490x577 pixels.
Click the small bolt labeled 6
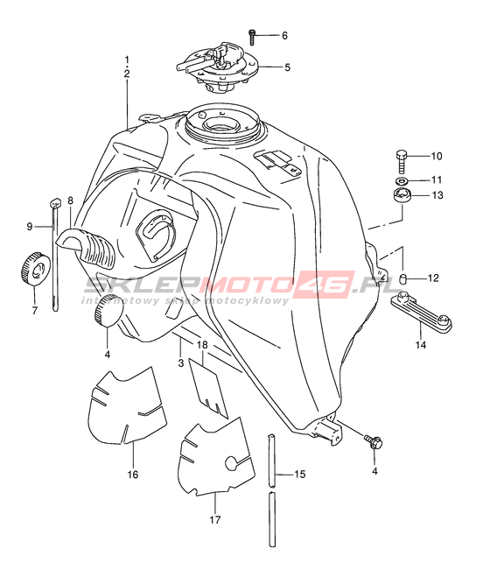click(x=252, y=38)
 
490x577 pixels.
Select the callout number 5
click(x=287, y=67)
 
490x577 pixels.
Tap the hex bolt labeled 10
click(x=402, y=161)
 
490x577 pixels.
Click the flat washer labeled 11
click(x=402, y=180)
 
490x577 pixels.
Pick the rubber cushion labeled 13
click(x=402, y=195)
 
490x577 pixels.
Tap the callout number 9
click(x=30, y=227)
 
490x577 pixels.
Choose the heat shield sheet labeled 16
click(x=126, y=405)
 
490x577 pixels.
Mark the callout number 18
click(x=202, y=345)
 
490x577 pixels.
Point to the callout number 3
click(x=180, y=363)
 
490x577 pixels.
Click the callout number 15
click(x=300, y=475)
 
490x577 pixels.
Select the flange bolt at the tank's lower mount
click(x=374, y=441)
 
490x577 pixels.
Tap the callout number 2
click(x=127, y=74)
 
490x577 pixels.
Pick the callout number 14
click(x=421, y=345)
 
